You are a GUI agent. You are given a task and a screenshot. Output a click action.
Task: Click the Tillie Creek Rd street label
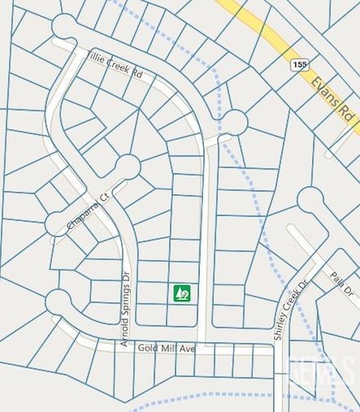pyautogui.click(x=114, y=65)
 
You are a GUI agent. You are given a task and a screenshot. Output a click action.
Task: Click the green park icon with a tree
pyautogui.click(x=182, y=292)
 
